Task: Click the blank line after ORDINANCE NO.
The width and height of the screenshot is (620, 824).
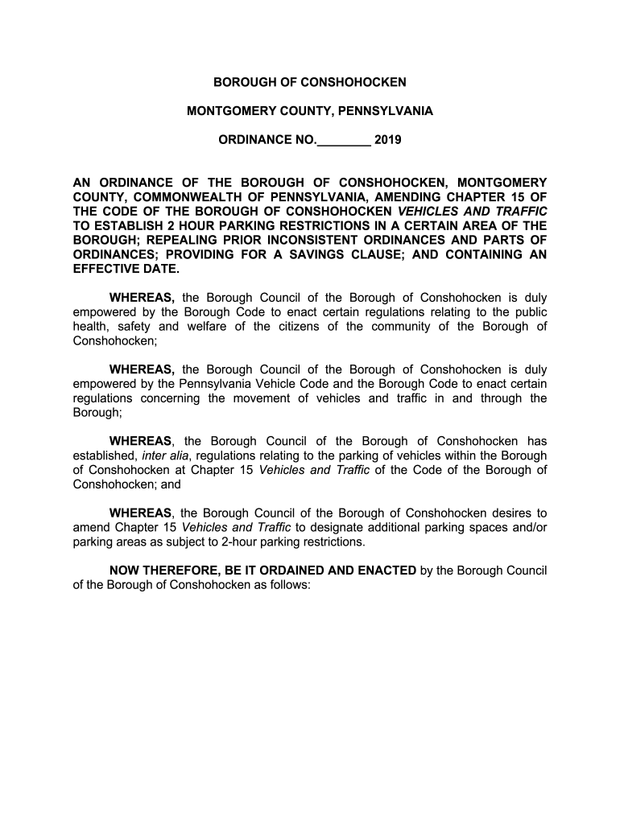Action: tap(344, 142)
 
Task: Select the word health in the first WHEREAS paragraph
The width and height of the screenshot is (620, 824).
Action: tap(91, 326)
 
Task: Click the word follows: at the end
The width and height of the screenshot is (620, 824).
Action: tap(291, 585)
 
